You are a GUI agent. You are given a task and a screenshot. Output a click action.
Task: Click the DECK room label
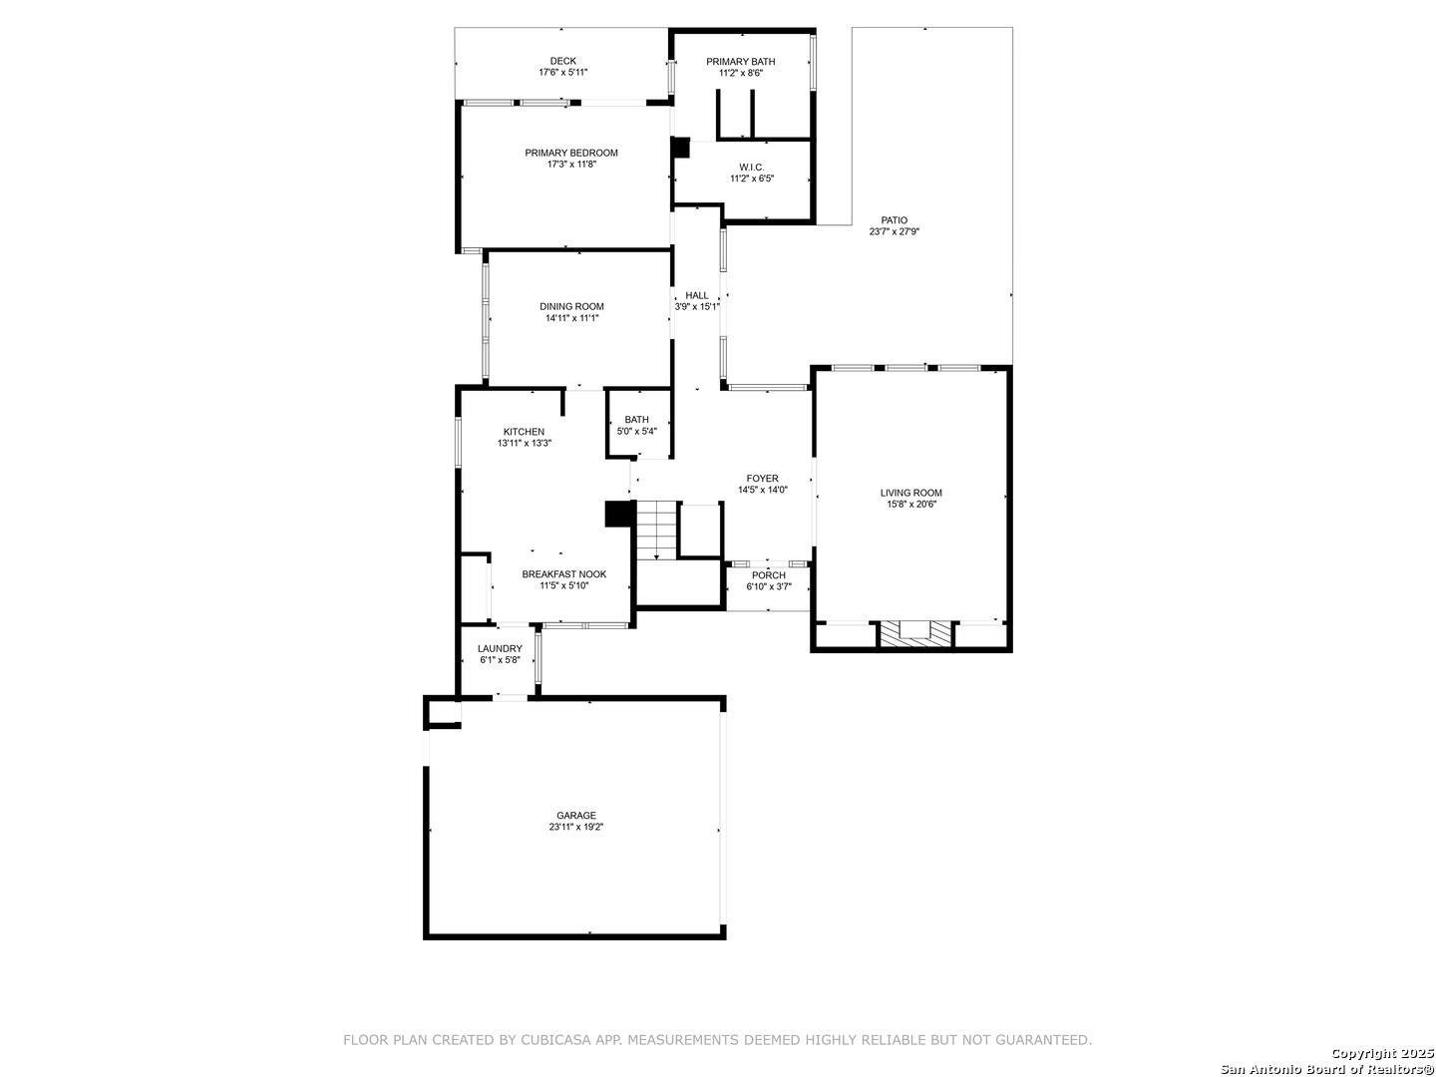click(562, 61)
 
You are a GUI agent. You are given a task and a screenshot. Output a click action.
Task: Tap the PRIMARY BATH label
click(740, 62)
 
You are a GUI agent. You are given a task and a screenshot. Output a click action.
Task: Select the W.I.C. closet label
click(752, 168)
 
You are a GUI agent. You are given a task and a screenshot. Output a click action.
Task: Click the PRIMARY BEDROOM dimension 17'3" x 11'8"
click(571, 165)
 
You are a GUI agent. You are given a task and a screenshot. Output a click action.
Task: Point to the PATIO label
click(894, 220)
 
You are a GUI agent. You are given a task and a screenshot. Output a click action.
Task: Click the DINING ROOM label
click(571, 307)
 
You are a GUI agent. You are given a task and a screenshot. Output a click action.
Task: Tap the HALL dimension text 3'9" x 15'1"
click(697, 306)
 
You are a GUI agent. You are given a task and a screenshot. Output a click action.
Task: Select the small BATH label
click(636, 420)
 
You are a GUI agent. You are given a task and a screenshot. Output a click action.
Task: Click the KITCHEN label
click(524, 432)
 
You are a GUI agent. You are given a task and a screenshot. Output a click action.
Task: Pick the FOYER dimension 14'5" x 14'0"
click(762, 490)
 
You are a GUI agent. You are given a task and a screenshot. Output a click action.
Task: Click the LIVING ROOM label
click(910, 493)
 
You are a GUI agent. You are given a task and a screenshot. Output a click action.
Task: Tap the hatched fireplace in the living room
click(913, 634)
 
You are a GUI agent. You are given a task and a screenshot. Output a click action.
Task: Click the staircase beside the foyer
click(656, 531)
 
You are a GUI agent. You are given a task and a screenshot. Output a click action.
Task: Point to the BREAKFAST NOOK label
click(564, 574)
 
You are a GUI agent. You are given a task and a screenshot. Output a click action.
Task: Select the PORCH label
click(768, 575)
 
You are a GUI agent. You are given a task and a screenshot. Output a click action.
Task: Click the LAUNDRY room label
click(500, 648)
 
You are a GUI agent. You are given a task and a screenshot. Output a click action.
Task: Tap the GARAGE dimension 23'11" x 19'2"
click(575, 827)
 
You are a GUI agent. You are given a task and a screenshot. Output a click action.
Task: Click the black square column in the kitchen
click(619, 514)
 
